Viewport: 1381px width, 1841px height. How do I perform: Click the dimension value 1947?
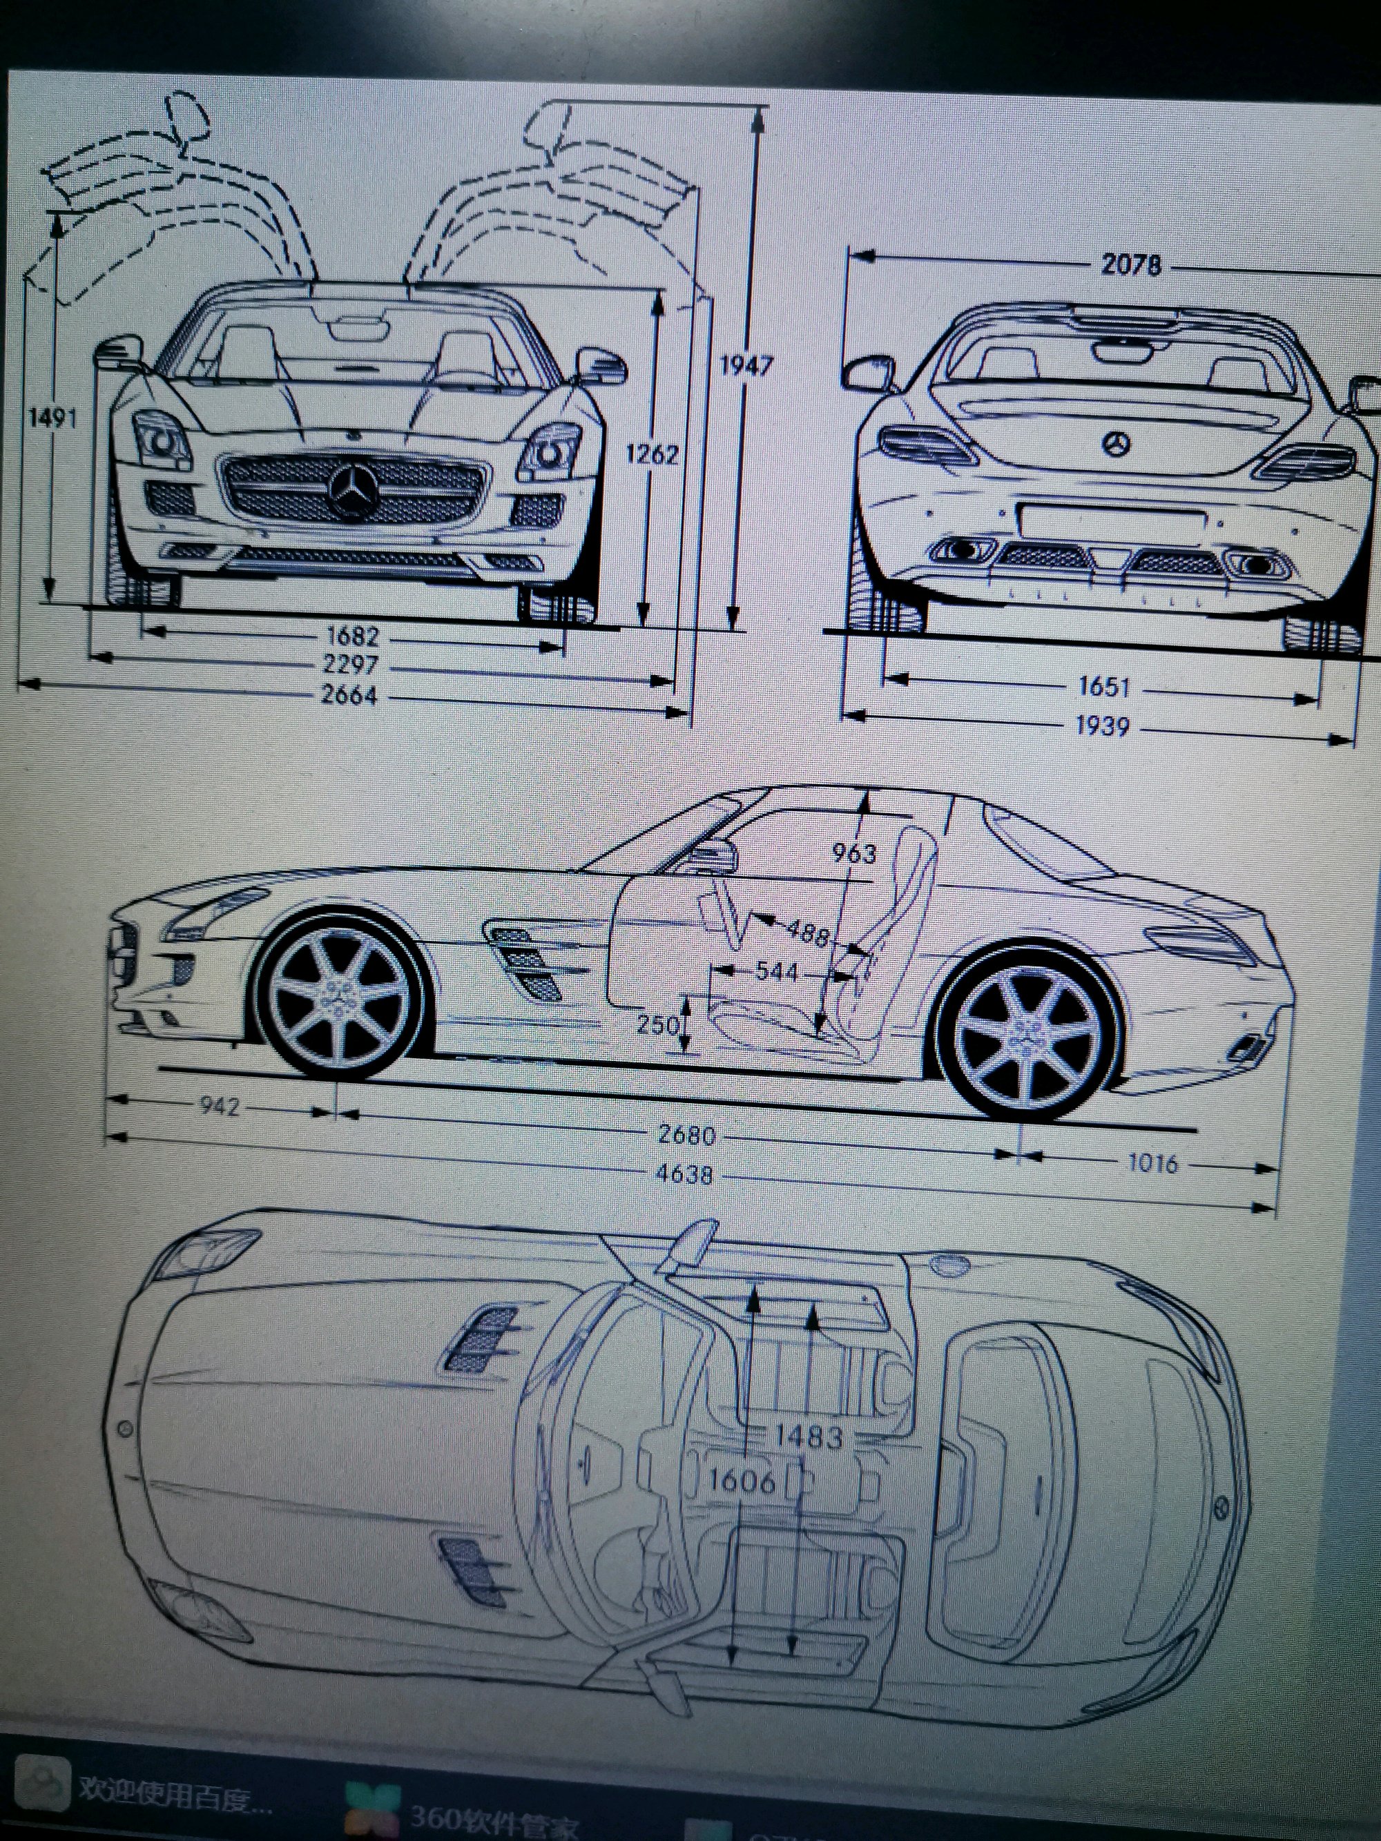746,364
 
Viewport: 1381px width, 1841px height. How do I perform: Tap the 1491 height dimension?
52,417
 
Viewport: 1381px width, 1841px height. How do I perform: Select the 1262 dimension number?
652,454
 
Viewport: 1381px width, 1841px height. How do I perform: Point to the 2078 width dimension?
1130,264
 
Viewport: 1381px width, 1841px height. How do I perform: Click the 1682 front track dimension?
352,636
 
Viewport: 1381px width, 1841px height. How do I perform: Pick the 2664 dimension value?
349,695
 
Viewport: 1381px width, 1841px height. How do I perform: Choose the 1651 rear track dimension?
1104,687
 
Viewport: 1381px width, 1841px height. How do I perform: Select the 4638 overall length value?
683,1174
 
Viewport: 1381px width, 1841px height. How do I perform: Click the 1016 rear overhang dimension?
1153,1162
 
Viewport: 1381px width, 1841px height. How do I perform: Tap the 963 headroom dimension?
853,853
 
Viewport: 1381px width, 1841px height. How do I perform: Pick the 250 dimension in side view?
657,1024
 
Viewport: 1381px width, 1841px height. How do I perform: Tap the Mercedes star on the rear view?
1117,444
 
